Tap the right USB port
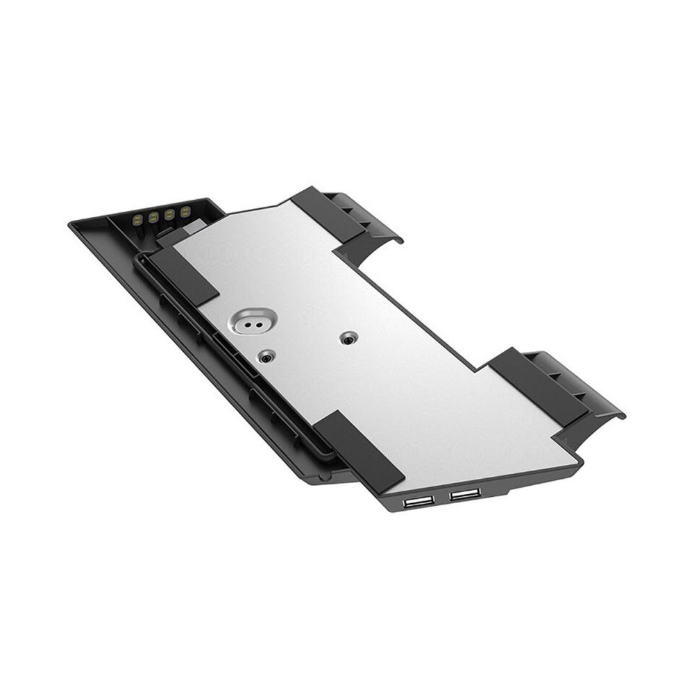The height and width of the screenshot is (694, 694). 464,495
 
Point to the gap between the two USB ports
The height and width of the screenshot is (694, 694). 440,498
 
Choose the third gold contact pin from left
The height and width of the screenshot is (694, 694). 170,213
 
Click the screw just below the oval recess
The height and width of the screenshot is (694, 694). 265,356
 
